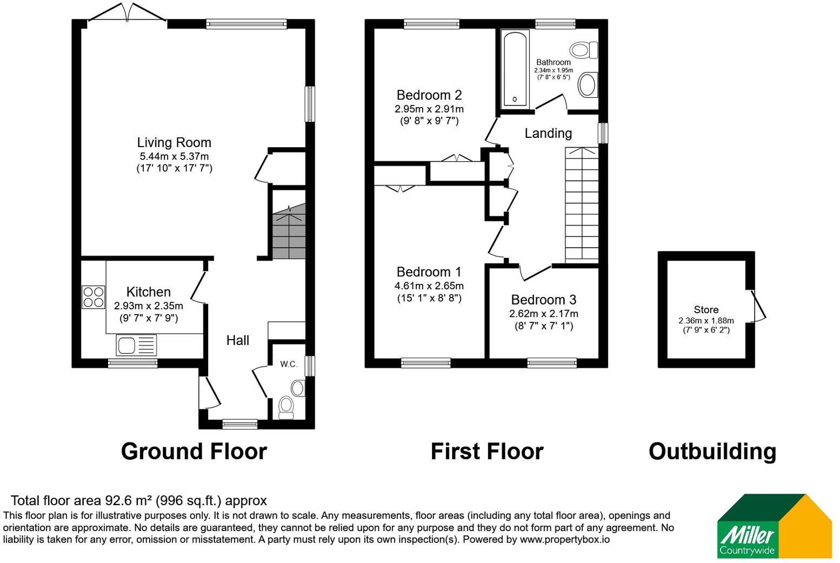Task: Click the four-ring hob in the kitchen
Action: click(x=94, y=297)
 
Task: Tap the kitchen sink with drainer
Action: click(x=136, y=345)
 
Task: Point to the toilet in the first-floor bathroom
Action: click(x=583, y=50)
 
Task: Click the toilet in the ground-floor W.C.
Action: click(x=286, y=408)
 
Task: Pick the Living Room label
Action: click(x=174, y=143)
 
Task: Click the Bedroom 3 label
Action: click(x=543, y=300)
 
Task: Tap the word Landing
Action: click(x=548, y=133)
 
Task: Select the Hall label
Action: click(x=238, y=340)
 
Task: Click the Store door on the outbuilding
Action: click(x=757, y=306)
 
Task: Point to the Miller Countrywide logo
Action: click(x=774, y=526)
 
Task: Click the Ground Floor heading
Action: click(x=194, y=451)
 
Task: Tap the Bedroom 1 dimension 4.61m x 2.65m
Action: click(x=429, y=286)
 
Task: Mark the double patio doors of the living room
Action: click(x=126, y=12)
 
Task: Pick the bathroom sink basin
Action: click(x=587, y=85)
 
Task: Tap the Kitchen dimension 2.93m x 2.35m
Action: click(x=149, y=306)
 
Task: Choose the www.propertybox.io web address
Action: click(x=565, y=540)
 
